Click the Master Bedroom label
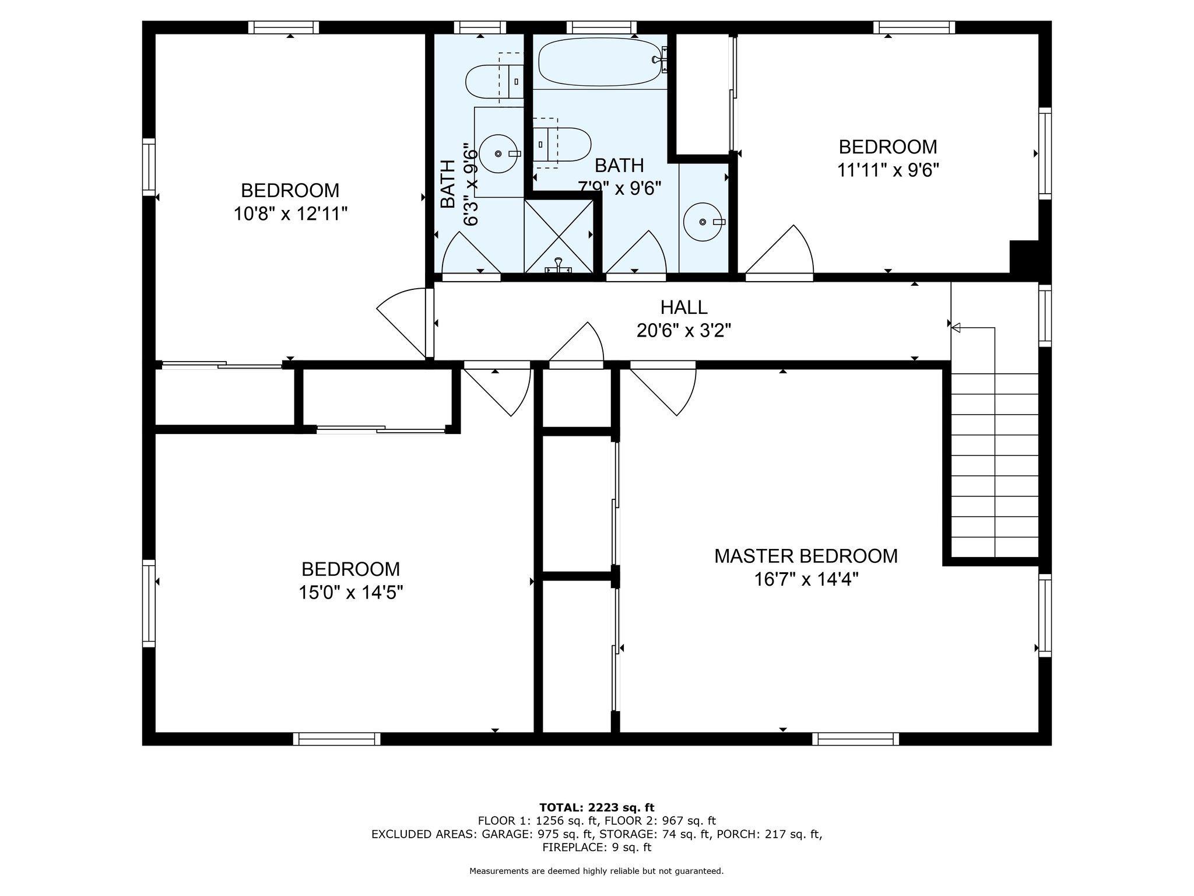pyautogui.click(x=806, y=556)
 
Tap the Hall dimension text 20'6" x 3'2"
pyautogui.click(x=684, y=331)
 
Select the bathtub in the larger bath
pyautogui.click(x=600, y=62)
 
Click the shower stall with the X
pyautogui.click(x=559, y=236)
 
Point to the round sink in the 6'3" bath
pyautogui.click(x=498, y=153)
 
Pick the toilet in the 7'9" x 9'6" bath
pyautogui.click(x=561, y=143)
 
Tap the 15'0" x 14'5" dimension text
pyautogui.click(x=351, y=593)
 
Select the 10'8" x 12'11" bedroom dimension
pyautogui.click(x=290, y=214)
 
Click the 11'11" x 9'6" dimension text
pyautogui.click(x=888, y=170)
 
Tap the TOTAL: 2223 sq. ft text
pyautogui.click(x=597, y=807)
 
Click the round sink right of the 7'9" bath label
pyautogui.click(x=703, y=222)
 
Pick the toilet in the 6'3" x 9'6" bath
pyautogui.click(x=495, y=81)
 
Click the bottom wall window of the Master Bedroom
pyautogui.click(x=855, y=739)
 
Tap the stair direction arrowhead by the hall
pyautogui.click(x=956, y=328)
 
